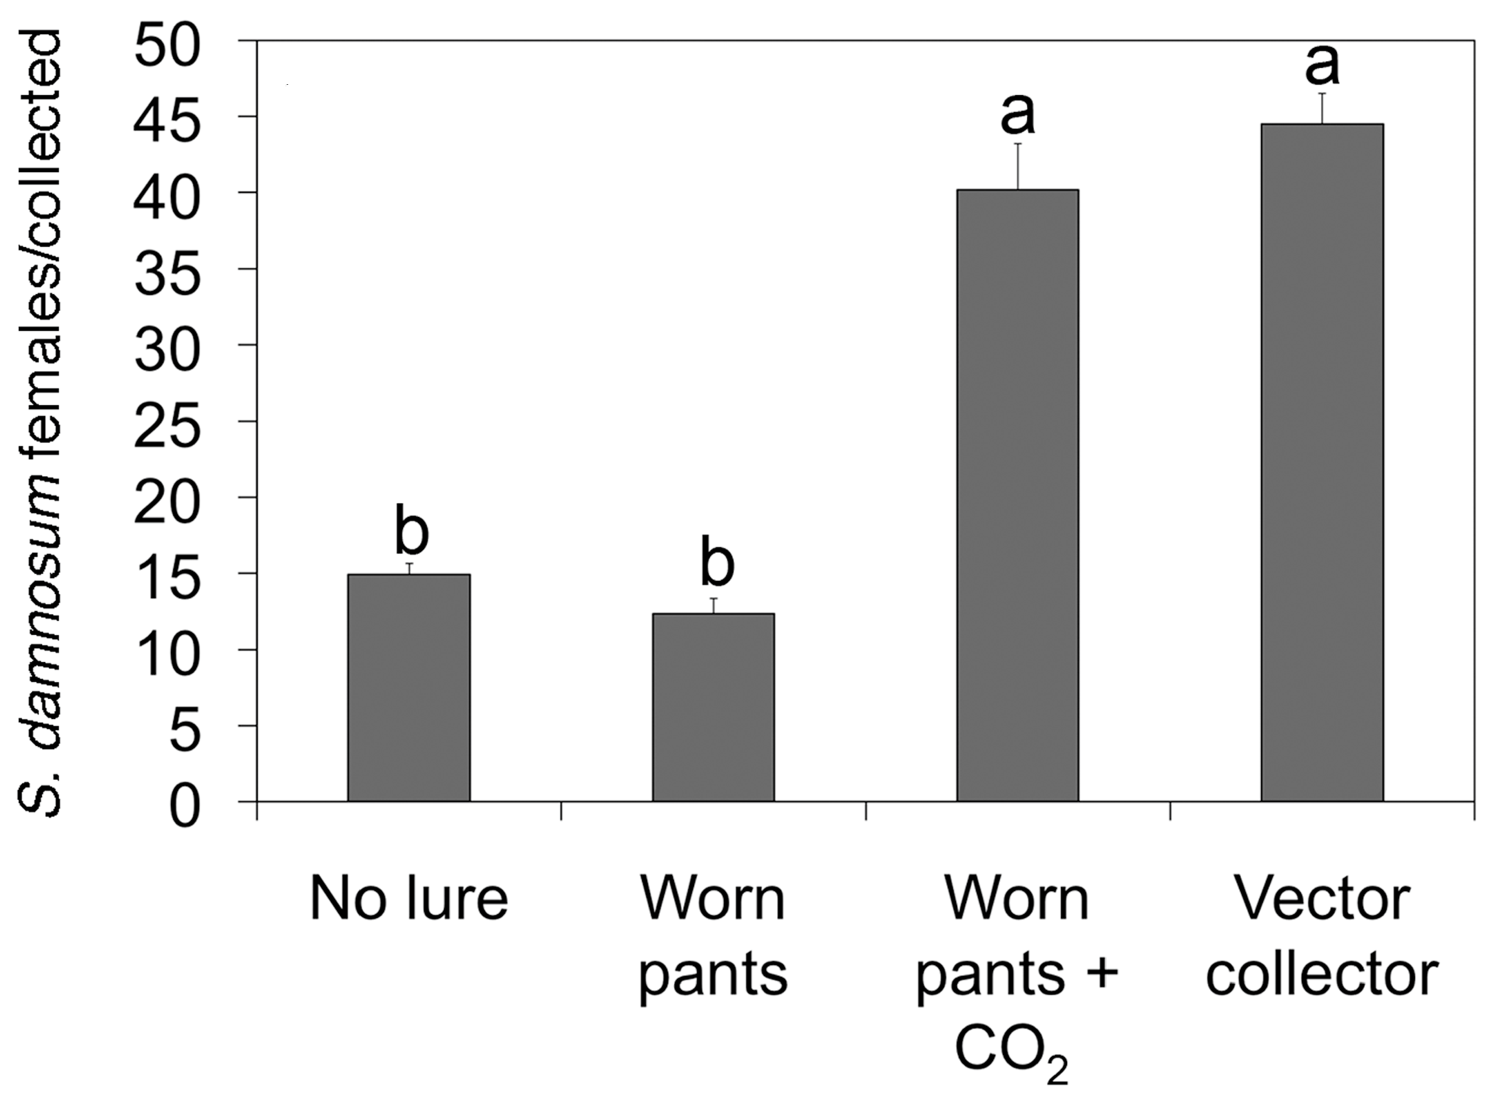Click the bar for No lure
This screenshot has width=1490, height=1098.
tap(409, 688)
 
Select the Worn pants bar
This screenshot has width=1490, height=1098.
tap(713, 707)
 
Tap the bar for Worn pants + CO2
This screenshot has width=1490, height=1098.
tap(1018, 495)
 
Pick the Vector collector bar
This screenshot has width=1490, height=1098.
tap(1322, 463)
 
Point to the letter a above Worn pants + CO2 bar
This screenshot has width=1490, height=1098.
tap(1018, 113)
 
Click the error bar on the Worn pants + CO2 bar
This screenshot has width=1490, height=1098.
tap(1018, 166)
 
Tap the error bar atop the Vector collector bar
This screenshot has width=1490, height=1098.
tap(1322, 109)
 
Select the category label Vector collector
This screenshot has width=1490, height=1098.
tap(1322, 937)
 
